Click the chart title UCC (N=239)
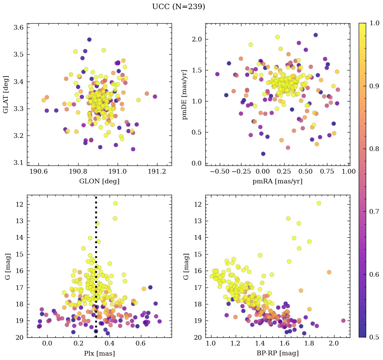[x=178, y=7]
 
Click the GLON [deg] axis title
[x=99, y=181]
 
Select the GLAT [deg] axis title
[x=6, y=94]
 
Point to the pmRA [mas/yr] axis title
[x=277, y=181]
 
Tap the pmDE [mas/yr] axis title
[x=184, y=94]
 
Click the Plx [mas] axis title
[x=99, y=354]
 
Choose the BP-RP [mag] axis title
[x=277, y=354]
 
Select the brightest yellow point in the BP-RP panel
[x=319, y=203]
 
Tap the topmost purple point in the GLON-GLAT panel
[x=89, y=39]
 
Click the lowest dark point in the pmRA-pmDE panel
[x=263, y=154]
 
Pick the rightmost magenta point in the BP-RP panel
[x=343, y=321]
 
